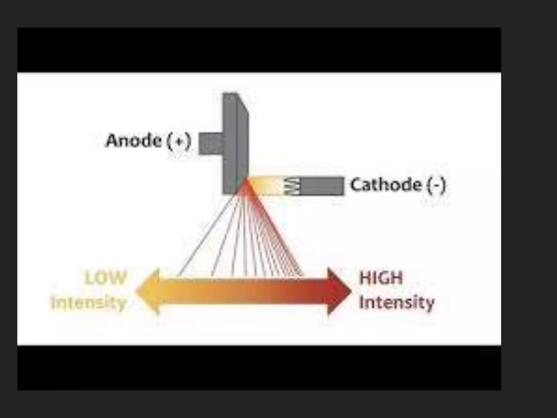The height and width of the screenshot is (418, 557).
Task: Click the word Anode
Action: [133, 141]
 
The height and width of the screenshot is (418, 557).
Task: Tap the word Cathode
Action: [386, 185]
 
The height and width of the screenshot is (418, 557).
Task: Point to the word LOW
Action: [106, 278]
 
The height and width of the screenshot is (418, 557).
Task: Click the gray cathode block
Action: [322, 186]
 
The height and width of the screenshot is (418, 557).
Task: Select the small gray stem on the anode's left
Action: [211, 143]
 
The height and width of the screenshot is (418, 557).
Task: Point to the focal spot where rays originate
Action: [246, 180]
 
